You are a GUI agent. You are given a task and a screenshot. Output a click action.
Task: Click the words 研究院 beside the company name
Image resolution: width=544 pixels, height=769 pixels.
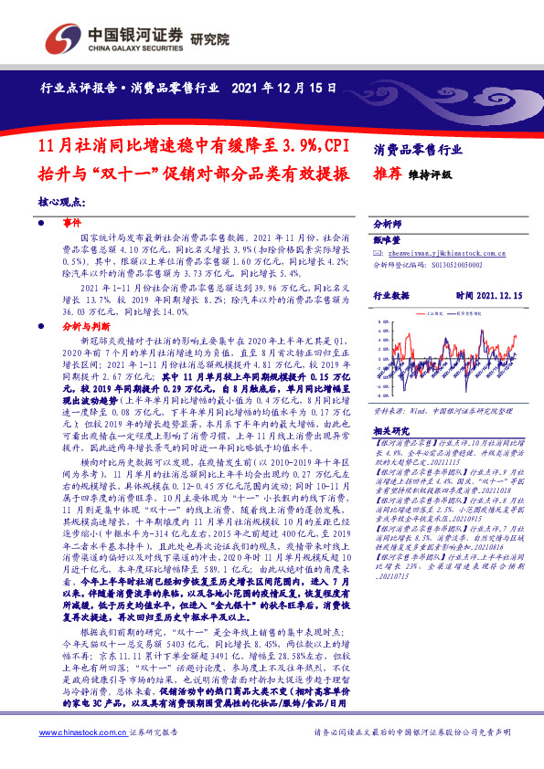point(211,39)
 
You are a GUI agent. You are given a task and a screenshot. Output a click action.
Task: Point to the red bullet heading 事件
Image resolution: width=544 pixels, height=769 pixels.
point(72,222)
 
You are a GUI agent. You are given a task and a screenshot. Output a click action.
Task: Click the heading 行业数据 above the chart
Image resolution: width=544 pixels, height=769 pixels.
point(392,296)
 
